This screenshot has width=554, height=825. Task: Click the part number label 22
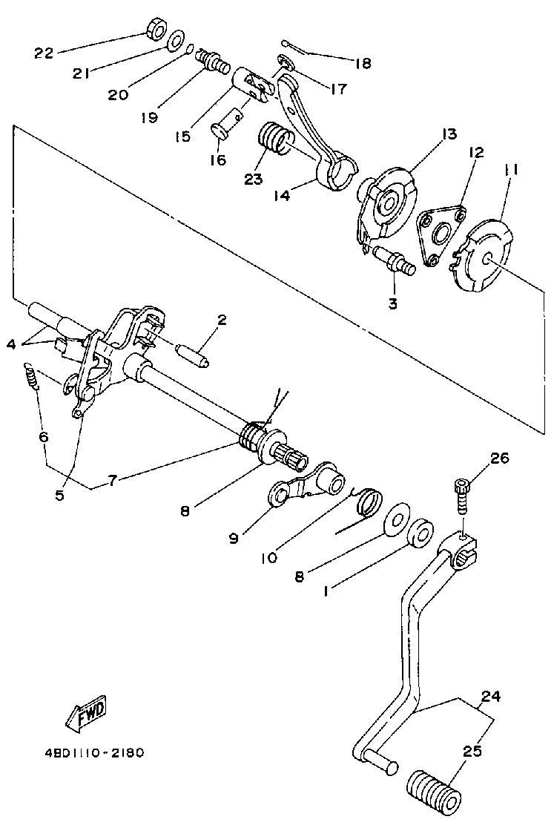[44, 53]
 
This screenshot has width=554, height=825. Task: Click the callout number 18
[362, 64]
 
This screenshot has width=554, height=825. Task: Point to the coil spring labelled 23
[275, 139]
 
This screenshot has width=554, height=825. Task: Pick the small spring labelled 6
[30, 376]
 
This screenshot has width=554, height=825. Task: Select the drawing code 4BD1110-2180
[93, 752]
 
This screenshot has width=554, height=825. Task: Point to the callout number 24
[491, 697]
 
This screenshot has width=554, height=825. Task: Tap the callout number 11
[511, 170]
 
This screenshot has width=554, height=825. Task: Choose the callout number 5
[59, 494]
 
